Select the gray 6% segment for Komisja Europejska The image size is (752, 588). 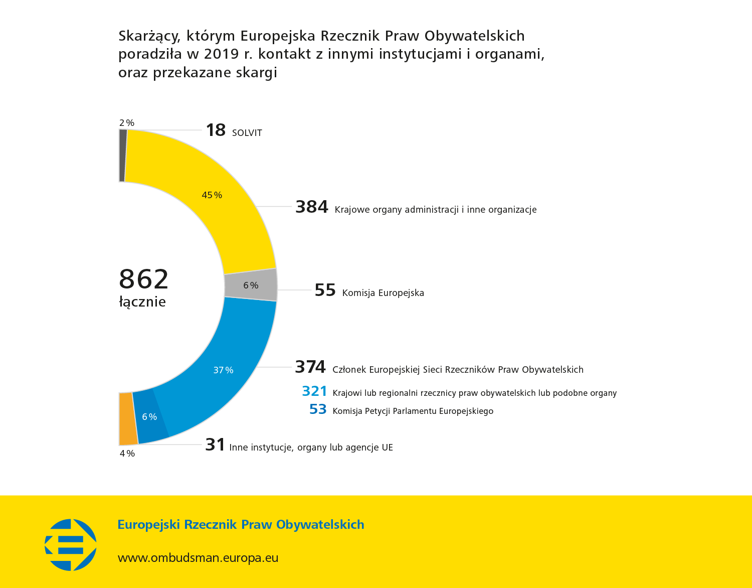click(251, 285)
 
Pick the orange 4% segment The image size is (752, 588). click(128, 419)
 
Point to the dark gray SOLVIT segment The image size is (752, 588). click(123, 156)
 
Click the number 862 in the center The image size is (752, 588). click(144, 279)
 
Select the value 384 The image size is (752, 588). click(311, 207)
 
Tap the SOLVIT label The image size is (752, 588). click(247, 133)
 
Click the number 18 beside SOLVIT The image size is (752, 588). click(216, 130)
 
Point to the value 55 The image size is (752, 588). click(325, 290)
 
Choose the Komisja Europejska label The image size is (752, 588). click(383, 293)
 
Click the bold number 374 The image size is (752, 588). click(310, 367)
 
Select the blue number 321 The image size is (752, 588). click(314, 391)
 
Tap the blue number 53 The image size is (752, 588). click(318, 410)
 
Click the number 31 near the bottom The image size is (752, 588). click(215, 445)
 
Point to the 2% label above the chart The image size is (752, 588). click(127, 123)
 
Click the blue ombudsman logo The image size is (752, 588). click(71, 545)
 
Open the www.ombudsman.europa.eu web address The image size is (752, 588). click(198, 558)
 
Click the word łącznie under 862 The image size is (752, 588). click(142, 302)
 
